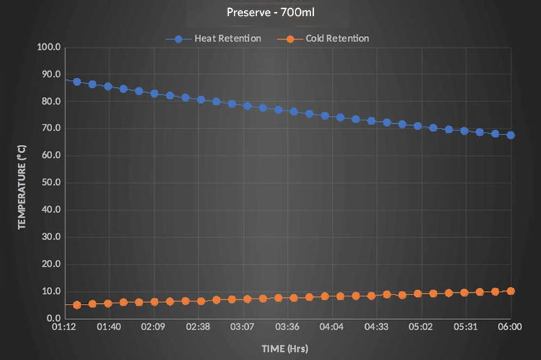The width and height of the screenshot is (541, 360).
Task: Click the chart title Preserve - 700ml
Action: coord(270,12)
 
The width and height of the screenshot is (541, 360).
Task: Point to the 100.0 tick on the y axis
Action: coord(49,47)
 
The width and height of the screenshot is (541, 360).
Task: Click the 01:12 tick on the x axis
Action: coord(64,327)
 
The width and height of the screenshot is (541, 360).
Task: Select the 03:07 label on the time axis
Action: coord(243,327)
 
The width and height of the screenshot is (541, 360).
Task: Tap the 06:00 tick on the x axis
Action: coord(511,327)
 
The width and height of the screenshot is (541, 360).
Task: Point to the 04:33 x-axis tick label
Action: coord(377,327)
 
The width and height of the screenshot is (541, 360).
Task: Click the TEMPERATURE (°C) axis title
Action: coord(22,183)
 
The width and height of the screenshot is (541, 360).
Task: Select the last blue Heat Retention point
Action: coord(511,135)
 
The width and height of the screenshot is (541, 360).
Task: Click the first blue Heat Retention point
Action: coord(77,82)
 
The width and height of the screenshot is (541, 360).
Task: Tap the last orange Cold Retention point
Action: coord(511,291)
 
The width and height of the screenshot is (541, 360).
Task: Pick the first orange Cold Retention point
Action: coord(77,305)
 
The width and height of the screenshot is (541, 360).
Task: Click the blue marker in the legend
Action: coord(179,39)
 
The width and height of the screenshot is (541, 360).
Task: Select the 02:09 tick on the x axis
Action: coord(154,327)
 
